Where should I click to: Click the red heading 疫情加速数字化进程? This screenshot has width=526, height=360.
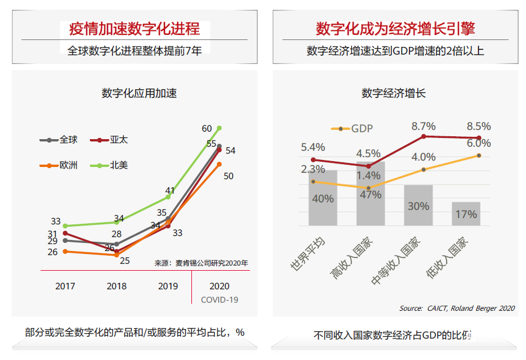point(135,28)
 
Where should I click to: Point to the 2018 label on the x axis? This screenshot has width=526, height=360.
point(117,286)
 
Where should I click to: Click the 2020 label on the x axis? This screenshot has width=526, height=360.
point(219,286)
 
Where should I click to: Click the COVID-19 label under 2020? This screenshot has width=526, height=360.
point(219,300)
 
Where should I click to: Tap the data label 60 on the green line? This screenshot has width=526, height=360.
point(206,129)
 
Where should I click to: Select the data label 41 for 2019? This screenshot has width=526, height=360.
point(170,190)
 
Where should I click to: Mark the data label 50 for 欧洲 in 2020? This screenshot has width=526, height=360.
point(228,176)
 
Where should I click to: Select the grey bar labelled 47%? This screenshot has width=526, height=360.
point(371,194)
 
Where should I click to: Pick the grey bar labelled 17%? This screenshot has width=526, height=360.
point(466,214)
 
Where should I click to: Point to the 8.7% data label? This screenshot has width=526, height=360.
point(423,126)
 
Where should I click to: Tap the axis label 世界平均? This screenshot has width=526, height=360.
point(307,256)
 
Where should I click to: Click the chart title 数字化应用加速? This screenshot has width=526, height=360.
point(139,93)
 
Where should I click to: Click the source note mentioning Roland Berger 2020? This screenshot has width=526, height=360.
point(457,308)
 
